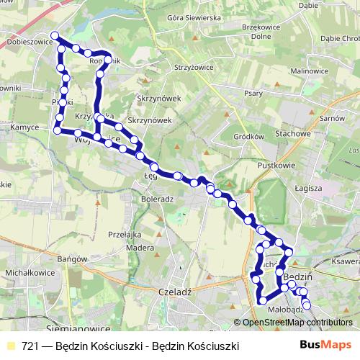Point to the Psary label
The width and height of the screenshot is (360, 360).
pyautogui.click(x=253, y=93)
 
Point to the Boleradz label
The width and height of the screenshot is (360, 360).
pyautogui.click(x=158, y=198)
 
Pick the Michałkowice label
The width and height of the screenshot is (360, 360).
pyautogui.click(x=26, y=274)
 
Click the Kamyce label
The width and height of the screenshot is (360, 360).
pyautogui.click(x=24, y=127)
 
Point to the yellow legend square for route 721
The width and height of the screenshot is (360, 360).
pyautogui.click(x=10, y=346)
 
